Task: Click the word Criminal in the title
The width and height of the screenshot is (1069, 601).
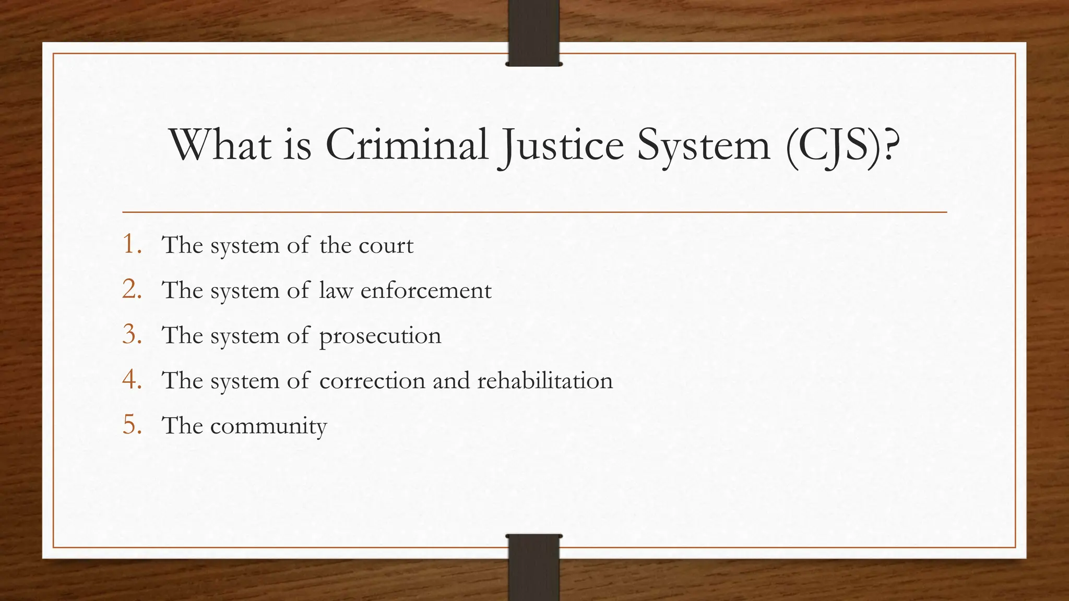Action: (x=407, y=145)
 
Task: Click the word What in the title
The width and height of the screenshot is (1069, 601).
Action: (x=220, y=145)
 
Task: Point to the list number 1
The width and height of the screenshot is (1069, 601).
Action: (x=132, y=244)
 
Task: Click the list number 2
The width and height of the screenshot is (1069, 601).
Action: (x=132, y=290)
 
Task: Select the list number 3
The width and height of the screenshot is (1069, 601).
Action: (x=132, y=334)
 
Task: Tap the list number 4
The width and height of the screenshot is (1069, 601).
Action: (x=132, y=380)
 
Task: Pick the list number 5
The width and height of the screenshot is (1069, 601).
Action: (x=132, y=425)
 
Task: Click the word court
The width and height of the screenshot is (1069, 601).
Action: (x=386, y=245)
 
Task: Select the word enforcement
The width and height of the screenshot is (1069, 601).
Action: (x=426, y=291)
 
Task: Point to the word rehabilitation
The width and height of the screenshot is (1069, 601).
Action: (x=545, y=380)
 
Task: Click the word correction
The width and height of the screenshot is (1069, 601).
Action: (x=372, y=380)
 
